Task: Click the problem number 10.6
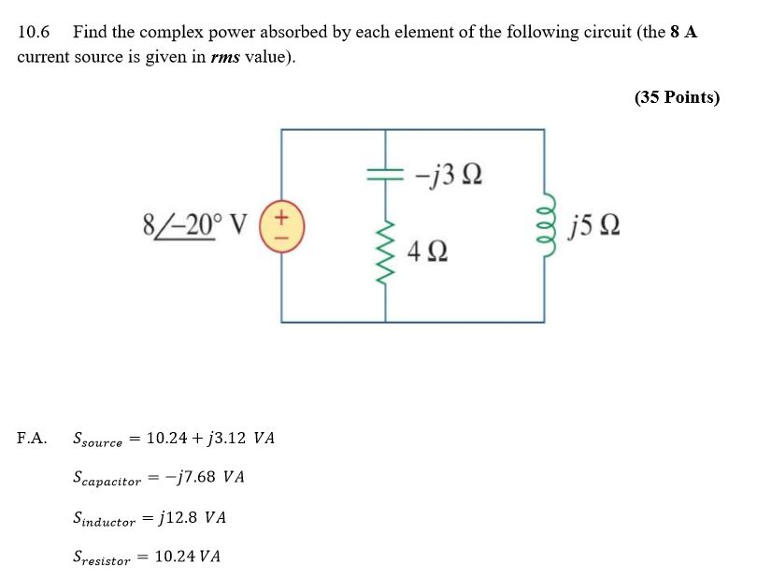(34, 32)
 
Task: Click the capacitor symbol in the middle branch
(385, 173)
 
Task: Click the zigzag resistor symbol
(385, 251)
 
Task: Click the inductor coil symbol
(545, 226)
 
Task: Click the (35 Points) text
(677, 97)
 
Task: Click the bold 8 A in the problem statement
(683, 32)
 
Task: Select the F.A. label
(33, 438)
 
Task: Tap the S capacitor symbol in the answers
(107, 479)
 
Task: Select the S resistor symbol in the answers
(102, 558)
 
